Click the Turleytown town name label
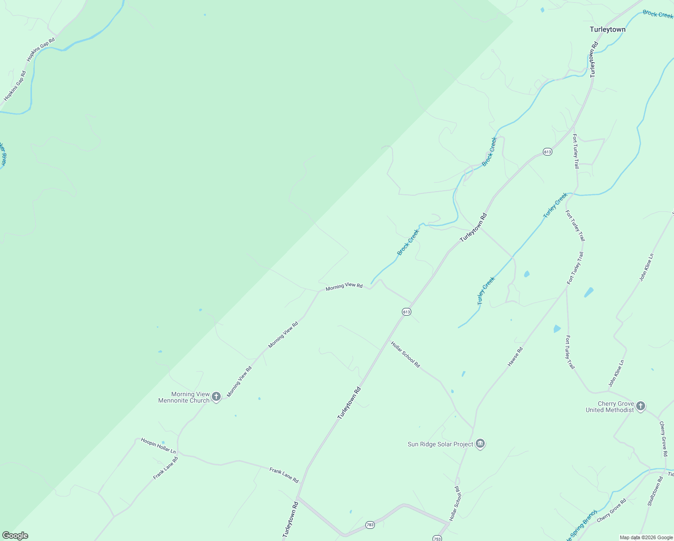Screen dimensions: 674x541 607,30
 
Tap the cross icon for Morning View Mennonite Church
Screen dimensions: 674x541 216,397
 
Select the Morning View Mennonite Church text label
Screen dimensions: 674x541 184,397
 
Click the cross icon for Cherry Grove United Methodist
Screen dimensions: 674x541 641,406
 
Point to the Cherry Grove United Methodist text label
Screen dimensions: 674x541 610,407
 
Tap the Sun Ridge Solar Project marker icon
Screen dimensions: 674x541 480,444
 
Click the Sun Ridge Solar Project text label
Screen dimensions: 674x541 440,444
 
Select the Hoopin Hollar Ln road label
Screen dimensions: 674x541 158,445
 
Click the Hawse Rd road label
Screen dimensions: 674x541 515,356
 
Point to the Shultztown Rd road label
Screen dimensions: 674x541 656,491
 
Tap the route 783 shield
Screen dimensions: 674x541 370,525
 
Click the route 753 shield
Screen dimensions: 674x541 437,538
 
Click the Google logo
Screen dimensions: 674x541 15,536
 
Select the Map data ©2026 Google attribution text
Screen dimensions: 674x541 646,537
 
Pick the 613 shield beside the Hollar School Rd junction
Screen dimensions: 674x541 406,312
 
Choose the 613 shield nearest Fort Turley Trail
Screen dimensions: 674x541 547,152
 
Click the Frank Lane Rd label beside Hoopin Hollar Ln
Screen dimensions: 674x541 165,468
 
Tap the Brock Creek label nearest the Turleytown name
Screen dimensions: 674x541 658,14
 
